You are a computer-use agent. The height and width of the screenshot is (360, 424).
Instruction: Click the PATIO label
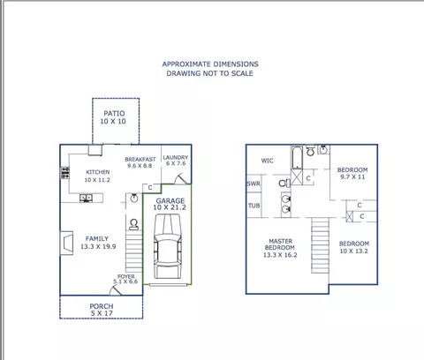pyautogui.click(x=114, y=113)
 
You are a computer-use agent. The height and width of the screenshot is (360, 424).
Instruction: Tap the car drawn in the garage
pyautogui.click(x=167, y=246)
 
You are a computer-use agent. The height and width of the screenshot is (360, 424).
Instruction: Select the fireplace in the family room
pyautogui.click(x=66, y=243)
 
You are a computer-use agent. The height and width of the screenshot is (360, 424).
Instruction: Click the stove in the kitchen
pyautogui.click(x=64, y=173)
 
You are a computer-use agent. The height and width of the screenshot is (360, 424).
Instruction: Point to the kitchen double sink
pyautogui.click(x=86, y=198)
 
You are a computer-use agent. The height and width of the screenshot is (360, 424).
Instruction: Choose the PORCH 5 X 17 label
pyautogui.click(x=102, y=310)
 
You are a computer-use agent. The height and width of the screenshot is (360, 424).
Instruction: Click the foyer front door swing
pyautogui.click(x=116, y=290)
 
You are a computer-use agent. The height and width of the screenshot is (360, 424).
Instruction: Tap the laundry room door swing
pyautogui.click(x=181, y=179)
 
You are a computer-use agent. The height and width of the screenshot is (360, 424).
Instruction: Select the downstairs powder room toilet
pyautogui.click(x=133, y=224)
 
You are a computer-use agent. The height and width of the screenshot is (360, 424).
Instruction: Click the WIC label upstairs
pyautogui.click(x=267, y=161)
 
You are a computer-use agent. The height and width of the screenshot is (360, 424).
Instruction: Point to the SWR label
pyautogui.click(x=254, y=184)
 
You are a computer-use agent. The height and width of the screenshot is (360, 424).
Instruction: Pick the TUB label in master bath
pyautogui.click(x=254, y=206)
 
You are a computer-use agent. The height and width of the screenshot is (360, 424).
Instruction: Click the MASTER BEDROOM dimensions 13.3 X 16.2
pyautogui.click(x=280, y=255)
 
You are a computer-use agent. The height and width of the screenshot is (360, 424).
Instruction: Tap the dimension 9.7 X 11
pyautogui.click(x=352, y=176)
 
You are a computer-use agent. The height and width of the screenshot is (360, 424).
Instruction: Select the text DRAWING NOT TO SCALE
pyautogui.click(x=209, y=73)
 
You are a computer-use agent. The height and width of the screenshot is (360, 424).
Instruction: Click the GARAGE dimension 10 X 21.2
pyautogui.click(x=170, y=207)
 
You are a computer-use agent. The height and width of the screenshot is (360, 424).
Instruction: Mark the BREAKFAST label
pyautogui.click(x=140, y=160)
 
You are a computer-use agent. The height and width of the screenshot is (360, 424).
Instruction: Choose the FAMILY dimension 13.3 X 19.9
pyautogui.click(x=98, y=246)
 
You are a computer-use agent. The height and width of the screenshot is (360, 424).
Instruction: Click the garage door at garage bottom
pyautogui.click(x=168, y=285)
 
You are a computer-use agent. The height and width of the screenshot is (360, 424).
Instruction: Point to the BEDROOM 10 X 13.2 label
pyautogui.click(x=354, y=247)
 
